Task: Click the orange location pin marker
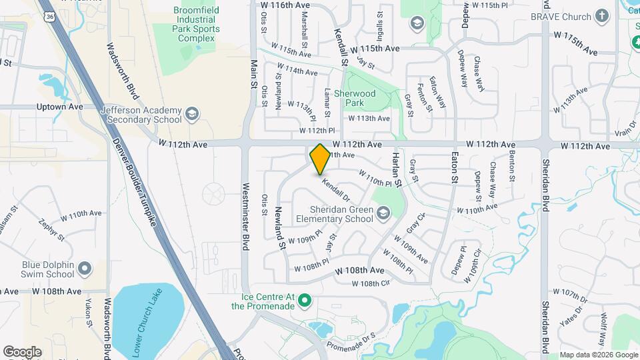pyautogui.click(x=320, y=159)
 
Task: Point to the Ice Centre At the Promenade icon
pyautogui.click(x=305, y=301)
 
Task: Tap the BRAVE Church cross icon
pyautogui.click(x=602, y=15)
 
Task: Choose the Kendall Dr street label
pyautogui.click(x=335, y=189)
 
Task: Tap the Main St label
pyautogui.click(x=253, y=74)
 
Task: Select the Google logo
pyautogui.click(x=22, y=351)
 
